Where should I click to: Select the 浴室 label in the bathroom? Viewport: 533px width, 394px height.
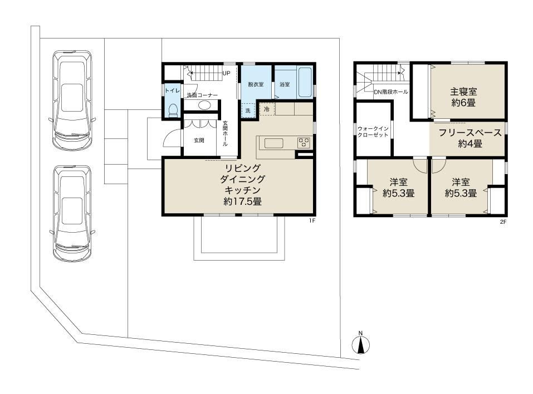[285, 84]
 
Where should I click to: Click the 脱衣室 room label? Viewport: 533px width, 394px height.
[256, 84]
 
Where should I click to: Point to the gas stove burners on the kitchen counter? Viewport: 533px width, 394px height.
[304, 142]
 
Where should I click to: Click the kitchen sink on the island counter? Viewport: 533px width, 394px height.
[273, 143]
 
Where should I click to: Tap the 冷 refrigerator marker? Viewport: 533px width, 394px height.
[267, 109]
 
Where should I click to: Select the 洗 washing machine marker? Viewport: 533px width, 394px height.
[248, 110]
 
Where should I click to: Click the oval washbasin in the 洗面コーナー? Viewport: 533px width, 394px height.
[204, 105]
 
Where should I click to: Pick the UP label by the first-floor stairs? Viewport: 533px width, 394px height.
[226, 73]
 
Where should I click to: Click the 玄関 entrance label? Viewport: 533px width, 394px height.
[199, 140]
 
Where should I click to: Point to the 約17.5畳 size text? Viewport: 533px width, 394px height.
[242, 201]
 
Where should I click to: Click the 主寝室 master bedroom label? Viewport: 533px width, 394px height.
[463, 92]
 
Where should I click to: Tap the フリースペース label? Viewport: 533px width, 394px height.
[470, 132]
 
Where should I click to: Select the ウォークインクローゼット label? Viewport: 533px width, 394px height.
[373, 132]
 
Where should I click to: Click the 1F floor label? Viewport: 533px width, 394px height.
[312, 220]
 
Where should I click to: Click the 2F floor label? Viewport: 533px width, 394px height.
[503, 222]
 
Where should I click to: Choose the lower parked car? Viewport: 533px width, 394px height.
[72, 214]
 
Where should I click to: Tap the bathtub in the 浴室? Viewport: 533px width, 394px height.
[304, 82]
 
